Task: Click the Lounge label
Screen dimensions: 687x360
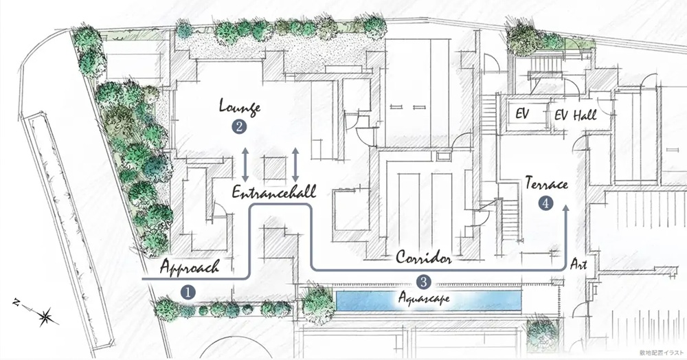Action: click(x=240, y=107)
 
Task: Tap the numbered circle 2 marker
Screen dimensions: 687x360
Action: click(x=239, y=127)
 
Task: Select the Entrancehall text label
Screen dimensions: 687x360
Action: click(x=274, y=192)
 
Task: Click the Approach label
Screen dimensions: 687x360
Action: click(x=190, y=266)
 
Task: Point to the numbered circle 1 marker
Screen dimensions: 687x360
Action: click(x=188, y=292)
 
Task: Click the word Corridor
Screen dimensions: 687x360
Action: click(x=424, y=257)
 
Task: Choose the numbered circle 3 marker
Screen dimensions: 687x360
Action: click(x=423, y=282)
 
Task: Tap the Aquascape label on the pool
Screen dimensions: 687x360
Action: click(x=424, y=298)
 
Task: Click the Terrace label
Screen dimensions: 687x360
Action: click(x=546, y=183)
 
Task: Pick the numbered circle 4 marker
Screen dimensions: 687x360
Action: click(x=545, y=203)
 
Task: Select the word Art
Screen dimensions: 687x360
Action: click(x=578, y=264)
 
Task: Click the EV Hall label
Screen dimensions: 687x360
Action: click(x=575, y=115)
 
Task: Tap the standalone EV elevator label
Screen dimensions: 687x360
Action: click(x=522, y=114)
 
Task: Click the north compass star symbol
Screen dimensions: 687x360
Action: click(x=45, y=315)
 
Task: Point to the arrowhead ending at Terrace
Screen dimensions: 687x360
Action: click(x=565, y=208)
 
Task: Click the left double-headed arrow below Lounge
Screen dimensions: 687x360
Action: click(x=245, y=165)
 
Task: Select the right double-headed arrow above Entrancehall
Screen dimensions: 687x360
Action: click(x=295, y=165)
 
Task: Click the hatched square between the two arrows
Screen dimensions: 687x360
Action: click(x=275, y=168)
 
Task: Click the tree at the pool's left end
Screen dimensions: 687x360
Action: click(x=319, y=305)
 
